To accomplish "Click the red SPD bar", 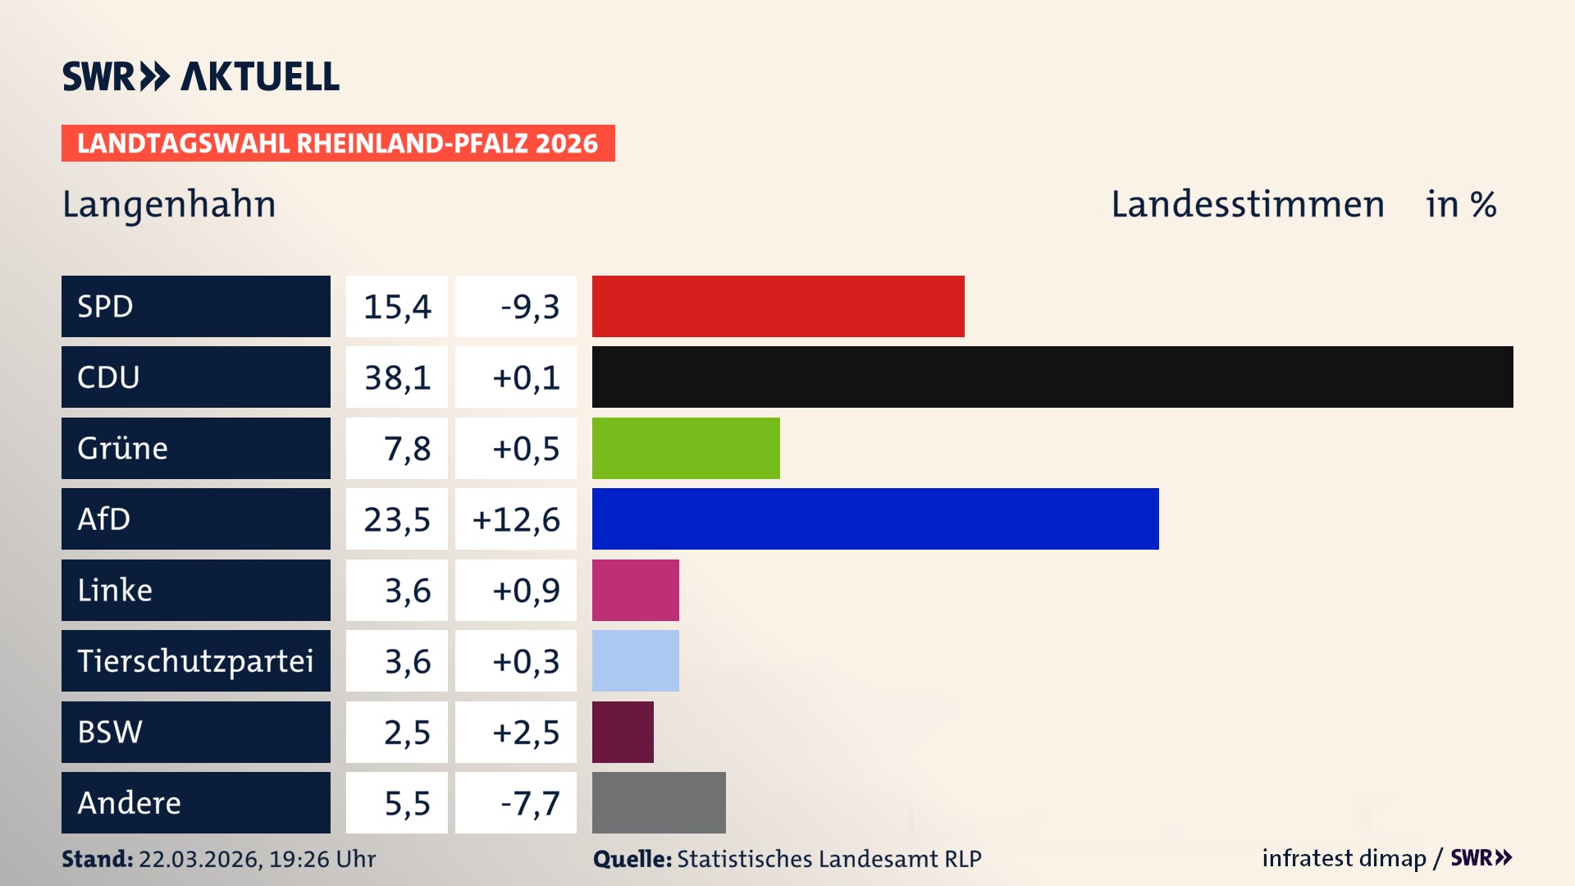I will point(778,306).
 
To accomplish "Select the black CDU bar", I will point(1052,377).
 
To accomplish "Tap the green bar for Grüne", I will point(686,448).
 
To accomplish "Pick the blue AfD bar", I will point(874,518).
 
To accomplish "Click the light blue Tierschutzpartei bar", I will point(635,660).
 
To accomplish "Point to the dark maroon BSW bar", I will point(623,732).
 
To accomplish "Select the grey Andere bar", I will point(659,802).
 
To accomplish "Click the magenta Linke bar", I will point(635,590).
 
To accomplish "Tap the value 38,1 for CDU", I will point(397,377).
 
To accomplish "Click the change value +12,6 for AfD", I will point(516,519).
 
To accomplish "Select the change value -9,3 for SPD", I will point(529,307).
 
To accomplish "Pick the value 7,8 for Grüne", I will point(407,449).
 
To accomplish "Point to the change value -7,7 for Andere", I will point(529,803).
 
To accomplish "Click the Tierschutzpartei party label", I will point(195,660).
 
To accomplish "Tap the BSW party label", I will point(110,732).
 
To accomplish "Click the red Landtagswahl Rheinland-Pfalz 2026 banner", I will point(338,144).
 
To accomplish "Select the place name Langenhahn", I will point(169,204).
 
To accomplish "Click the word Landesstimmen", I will point(1247,204).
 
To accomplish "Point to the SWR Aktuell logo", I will point(201,76).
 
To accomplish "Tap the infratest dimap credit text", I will point(1344,858).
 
